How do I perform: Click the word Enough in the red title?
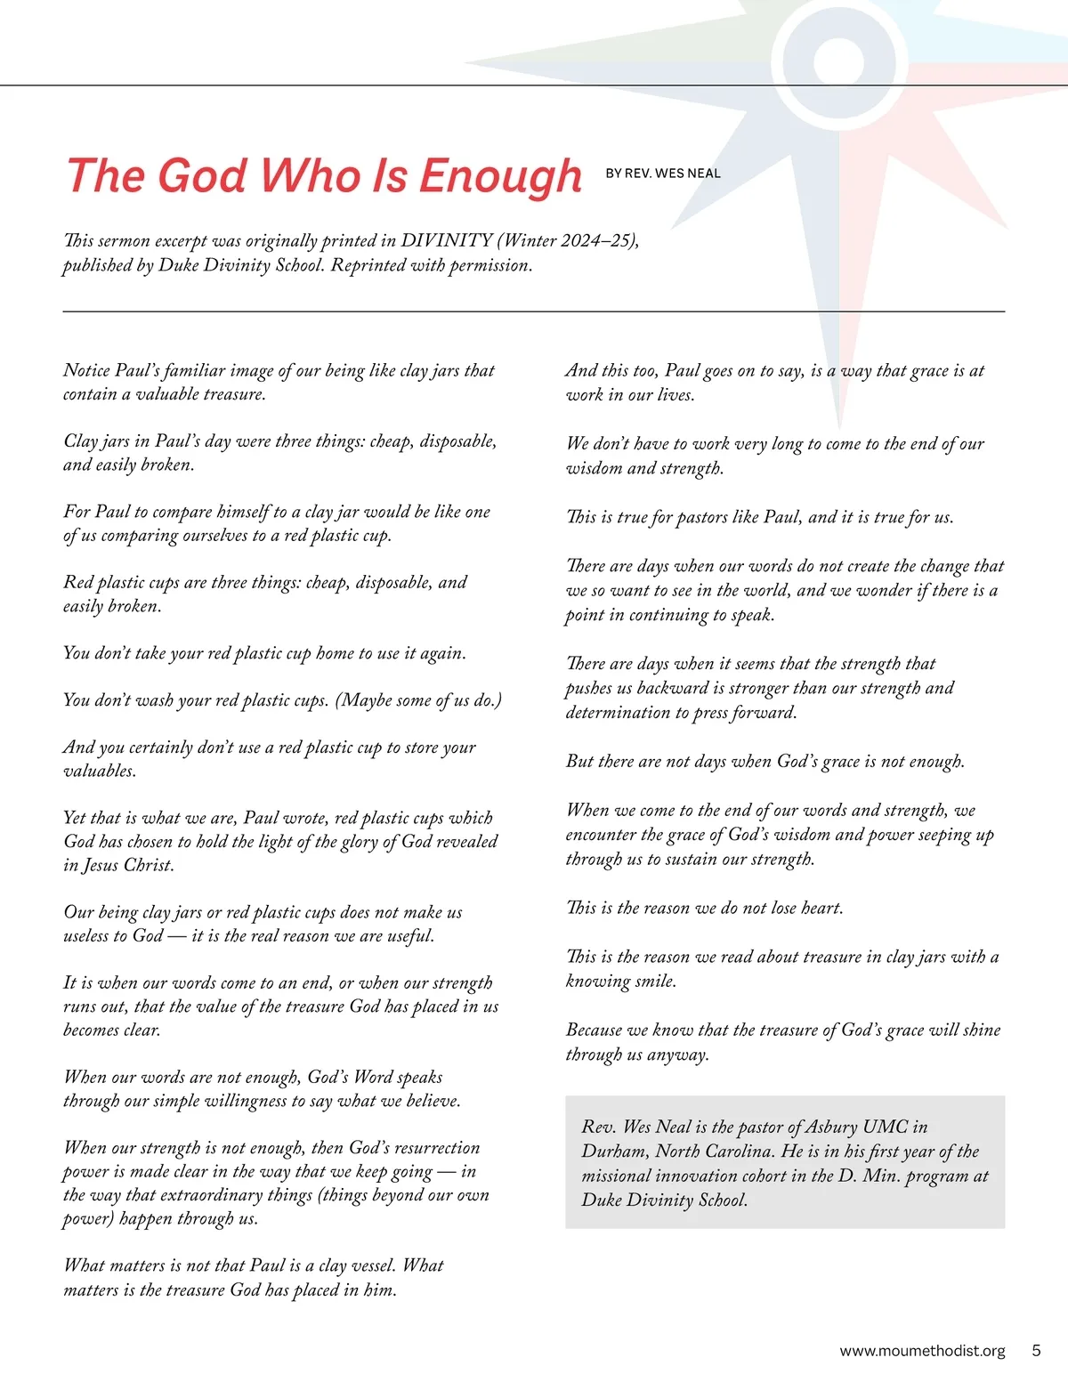tap(500, 176)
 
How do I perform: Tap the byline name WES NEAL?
tap(688, 174)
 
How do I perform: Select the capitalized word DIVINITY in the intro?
tap(447, 240)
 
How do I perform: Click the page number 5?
tap(1036, 1350)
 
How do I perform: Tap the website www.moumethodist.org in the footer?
tap(922, 1351)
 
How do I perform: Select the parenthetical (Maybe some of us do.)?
tap(418, 700)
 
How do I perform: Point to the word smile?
tap(656, 982)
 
